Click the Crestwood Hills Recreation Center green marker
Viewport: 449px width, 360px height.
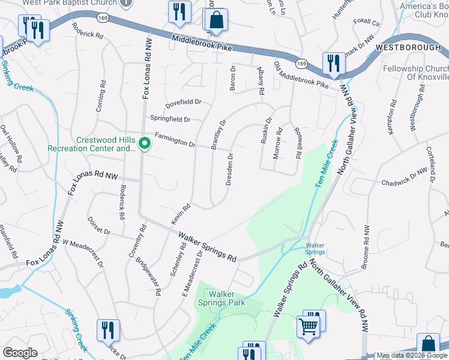tap(144, 143)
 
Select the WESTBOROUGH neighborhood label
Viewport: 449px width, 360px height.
tap(412, 46)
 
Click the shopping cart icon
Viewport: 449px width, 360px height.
tap(309, 326)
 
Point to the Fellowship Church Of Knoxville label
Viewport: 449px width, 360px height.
tap(420, 73)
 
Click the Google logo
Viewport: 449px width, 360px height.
tap(20, 352)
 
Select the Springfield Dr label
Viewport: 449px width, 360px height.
tap(170, 119)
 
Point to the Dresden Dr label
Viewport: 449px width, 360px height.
tap(229, 169)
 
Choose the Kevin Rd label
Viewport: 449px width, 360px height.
tap(181, 214)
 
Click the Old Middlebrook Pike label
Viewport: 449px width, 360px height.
tap(301, 75)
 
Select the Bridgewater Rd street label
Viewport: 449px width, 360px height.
tap(149, 275)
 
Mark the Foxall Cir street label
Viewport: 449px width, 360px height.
tap(367, 23)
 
